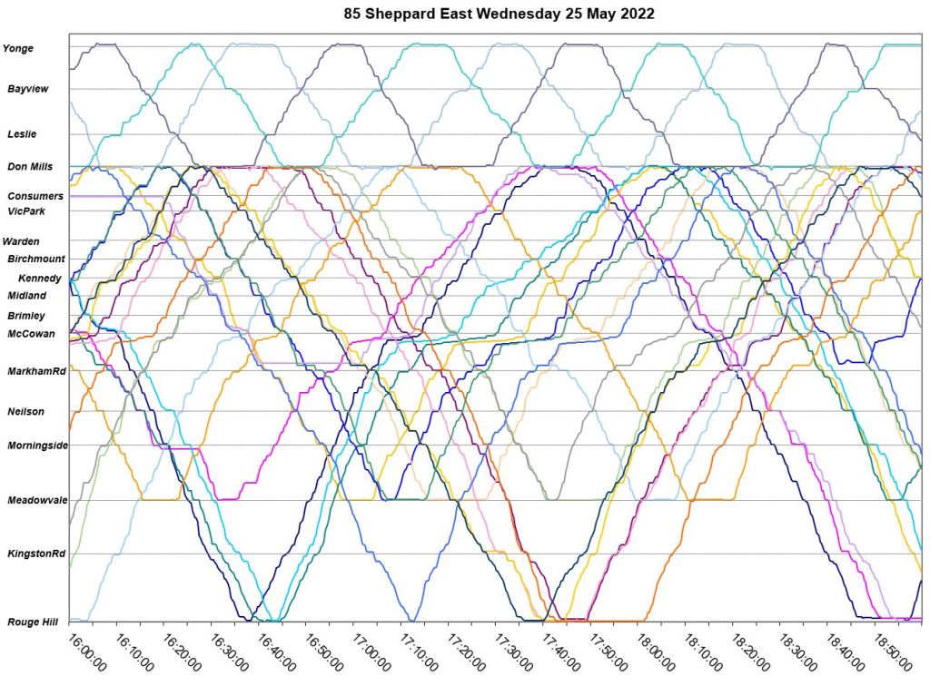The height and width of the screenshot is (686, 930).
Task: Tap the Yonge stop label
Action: [20, 48]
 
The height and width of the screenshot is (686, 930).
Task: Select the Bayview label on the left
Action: [27, 89]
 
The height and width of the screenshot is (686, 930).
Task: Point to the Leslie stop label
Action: [22, 133]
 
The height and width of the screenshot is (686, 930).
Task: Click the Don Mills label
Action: [29, 167]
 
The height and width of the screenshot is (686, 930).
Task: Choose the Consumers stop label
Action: [35, 196]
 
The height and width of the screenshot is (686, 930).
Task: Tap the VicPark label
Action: [25, 211]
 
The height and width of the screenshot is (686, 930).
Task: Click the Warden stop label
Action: [21, 241]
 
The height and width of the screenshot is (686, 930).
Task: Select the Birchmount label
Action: [35, 259]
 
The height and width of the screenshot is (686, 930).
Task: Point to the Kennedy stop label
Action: [39, 278]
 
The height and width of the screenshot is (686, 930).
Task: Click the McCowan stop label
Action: [31, 334]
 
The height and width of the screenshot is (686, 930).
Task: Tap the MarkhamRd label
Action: [36, 372]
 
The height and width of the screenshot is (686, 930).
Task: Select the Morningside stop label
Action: [38, 446]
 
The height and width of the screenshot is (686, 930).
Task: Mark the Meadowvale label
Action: [37, 500]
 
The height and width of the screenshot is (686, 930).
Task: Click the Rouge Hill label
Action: [32, 622]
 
